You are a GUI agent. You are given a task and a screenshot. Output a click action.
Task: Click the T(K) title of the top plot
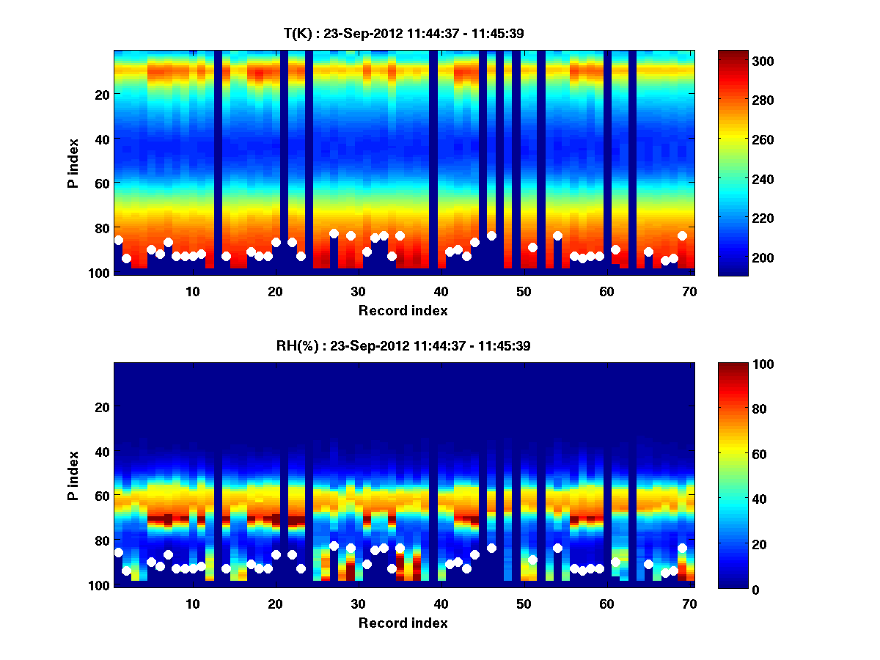(403, 33)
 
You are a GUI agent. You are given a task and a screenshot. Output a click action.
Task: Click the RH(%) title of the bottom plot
(403, 346)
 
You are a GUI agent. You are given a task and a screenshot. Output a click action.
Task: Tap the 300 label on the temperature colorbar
(742, 61)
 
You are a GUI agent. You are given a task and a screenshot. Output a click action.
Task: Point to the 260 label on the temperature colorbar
(742, 139)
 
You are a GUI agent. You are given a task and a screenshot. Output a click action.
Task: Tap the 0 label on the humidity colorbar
(733, 589)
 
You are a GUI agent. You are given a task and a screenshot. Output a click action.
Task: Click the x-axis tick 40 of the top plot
(441, 291)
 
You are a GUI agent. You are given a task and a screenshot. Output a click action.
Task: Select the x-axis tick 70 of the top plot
(689, 291)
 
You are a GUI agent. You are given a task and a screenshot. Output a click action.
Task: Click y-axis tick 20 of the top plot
(102, 95)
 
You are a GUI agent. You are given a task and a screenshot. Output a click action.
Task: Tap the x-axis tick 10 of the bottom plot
(192, 604)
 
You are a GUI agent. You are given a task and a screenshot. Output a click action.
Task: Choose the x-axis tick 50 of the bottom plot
(524, 604)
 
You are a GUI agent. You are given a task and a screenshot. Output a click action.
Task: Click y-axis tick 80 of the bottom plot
(102, 540)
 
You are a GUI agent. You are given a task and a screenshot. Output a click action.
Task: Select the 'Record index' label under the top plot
(403, 310)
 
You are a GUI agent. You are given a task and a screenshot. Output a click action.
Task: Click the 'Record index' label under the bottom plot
(403, 623)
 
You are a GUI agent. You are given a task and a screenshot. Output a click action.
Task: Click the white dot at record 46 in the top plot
(491, 235)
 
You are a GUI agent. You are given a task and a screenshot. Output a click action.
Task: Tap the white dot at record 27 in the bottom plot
(334, 546)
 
